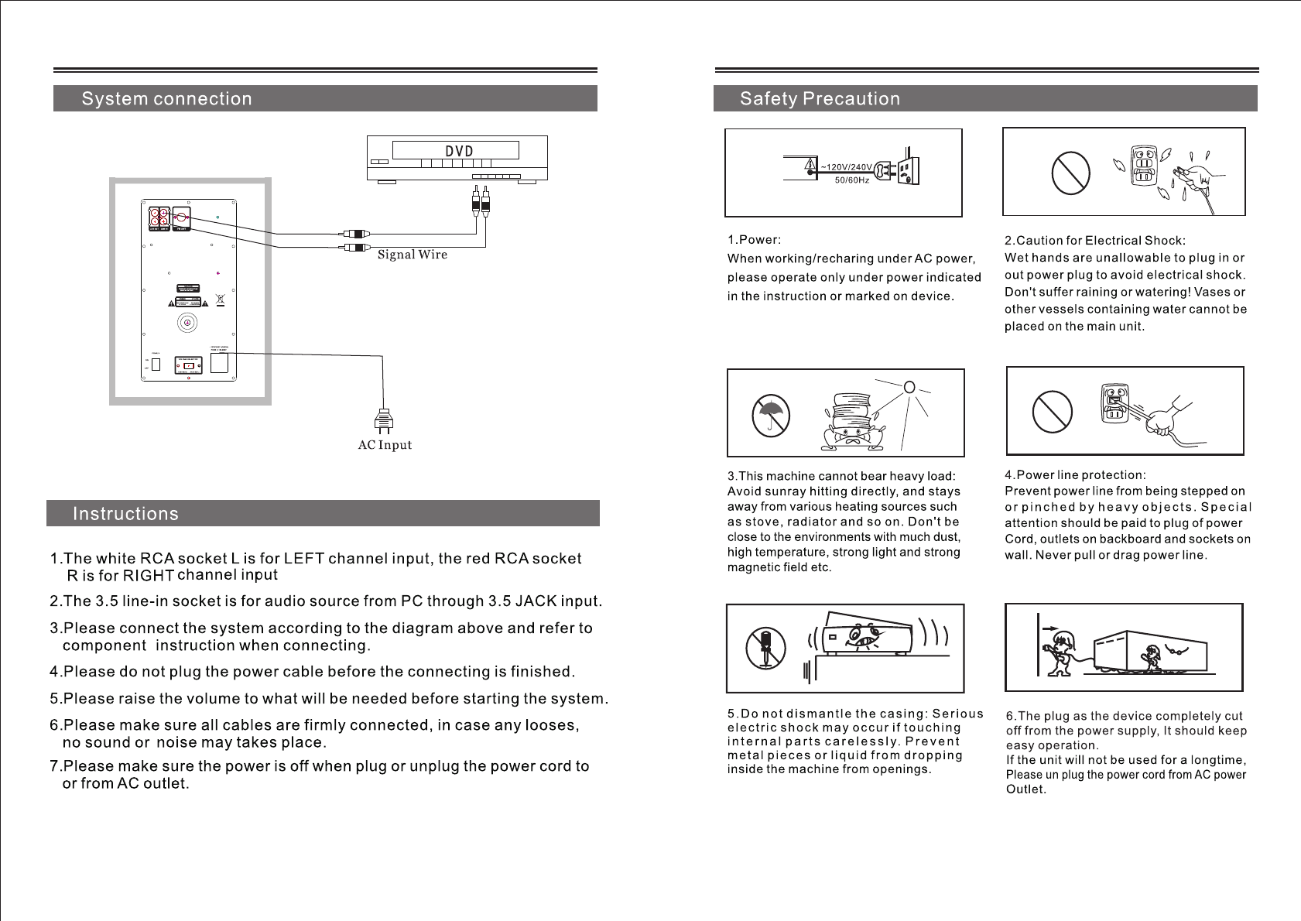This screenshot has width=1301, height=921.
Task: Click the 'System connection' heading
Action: coord(166,99)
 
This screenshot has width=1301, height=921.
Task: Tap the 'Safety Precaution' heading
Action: coord(820,99)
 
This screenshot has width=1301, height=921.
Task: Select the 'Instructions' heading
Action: coord(125,514)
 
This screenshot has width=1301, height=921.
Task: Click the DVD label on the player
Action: coord(459,151)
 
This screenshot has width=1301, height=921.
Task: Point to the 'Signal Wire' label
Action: coord(413,255)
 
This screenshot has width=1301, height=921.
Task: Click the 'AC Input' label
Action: coord(385,445)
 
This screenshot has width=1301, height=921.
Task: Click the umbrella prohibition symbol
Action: coord(771,416)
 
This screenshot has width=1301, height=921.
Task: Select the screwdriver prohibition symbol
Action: coord(766,648)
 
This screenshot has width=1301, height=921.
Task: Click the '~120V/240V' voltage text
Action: coord(846,167)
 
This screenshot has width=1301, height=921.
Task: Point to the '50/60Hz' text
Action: coord(851,180)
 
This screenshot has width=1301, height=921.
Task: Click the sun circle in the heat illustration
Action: coord(909,387)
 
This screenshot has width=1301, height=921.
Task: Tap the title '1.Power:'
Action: coord(754,240)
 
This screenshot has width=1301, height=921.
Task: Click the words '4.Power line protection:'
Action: coord(1075,475)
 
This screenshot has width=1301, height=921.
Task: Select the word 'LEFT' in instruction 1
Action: coord(303,559)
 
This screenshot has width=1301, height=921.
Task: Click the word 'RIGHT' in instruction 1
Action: coord(149,576)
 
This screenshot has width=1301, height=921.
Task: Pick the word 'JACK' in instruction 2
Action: coord(529,601)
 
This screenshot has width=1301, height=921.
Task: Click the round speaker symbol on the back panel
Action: coord(187,322)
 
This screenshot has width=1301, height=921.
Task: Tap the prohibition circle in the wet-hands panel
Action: coord(1070,173)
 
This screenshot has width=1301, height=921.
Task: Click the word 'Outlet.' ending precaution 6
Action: coord(1025,789)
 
